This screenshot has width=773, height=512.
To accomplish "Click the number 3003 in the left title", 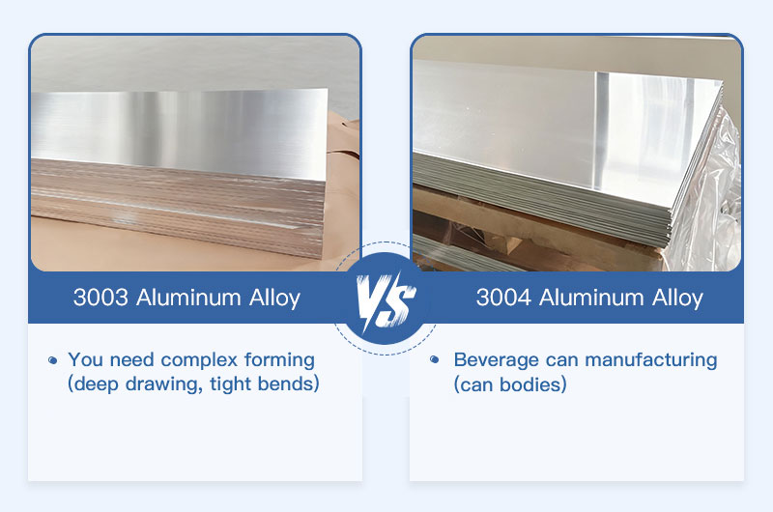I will coord(101,297).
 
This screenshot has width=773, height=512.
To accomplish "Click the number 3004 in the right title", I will coord(503,297).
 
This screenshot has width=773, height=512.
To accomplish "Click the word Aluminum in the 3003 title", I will coord(186,297).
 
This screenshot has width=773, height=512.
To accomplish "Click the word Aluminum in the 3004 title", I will coord(587,297).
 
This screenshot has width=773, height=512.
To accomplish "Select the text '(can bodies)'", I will coord(510,384).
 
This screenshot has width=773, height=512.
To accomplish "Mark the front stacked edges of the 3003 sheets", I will coord(174,217).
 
